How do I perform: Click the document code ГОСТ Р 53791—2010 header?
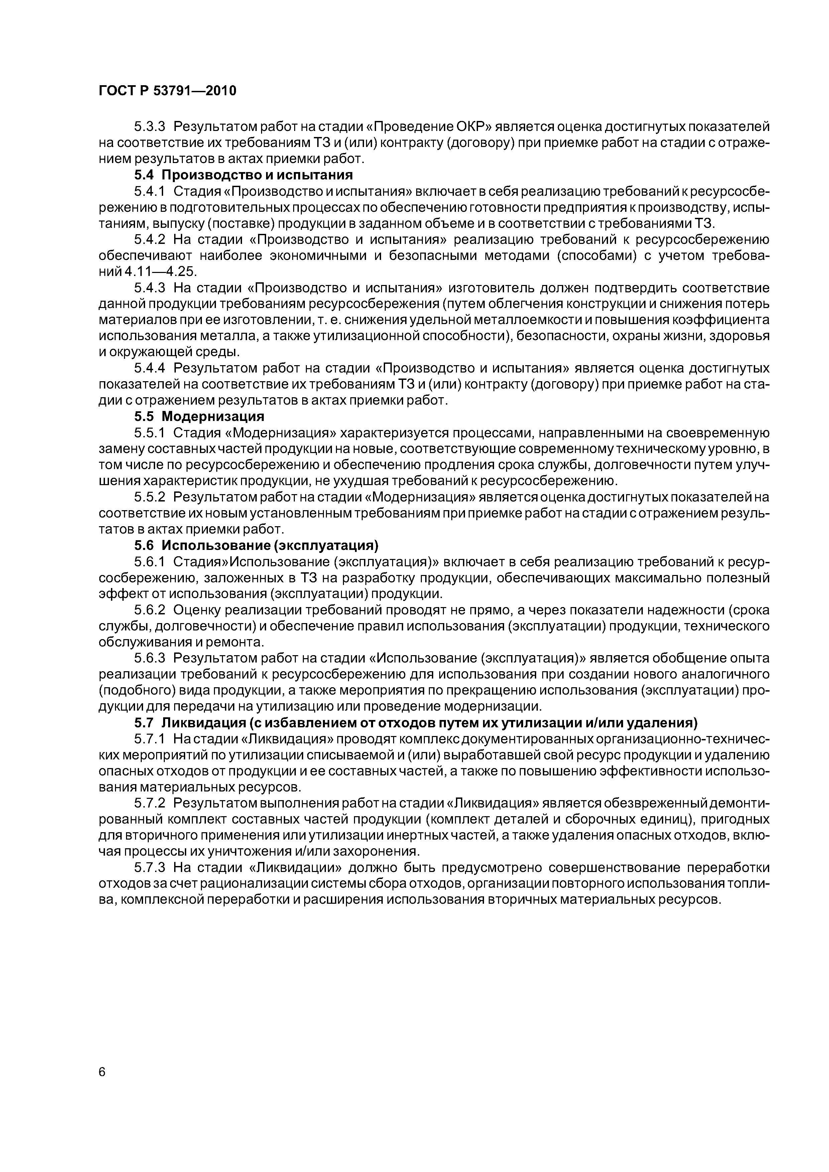[167, 91]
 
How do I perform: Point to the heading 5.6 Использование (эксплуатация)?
[256, 546]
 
